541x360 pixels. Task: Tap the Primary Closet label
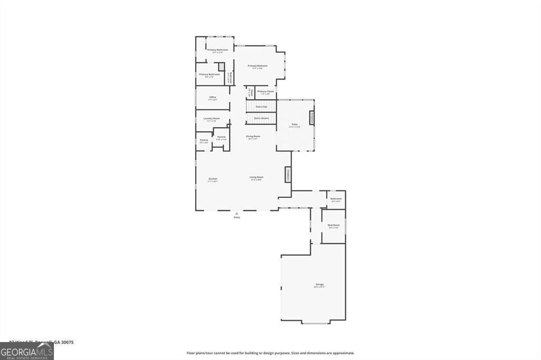[x=266, y=91]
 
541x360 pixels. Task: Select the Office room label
[x=213, y=97]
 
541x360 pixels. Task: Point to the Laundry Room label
[x=212, y=118]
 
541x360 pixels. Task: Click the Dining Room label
[x=253, y=137]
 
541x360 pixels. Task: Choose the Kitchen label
[x=213, y=179]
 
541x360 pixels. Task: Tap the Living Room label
[x=257, y=177]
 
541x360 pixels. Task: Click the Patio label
[x=294, y=125]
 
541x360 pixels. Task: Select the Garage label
[x=319, y=285]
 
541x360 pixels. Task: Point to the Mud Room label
[x=334, y=225]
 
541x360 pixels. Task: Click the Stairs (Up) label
[x=261, y=107]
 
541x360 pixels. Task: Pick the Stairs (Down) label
[x=261, y=118]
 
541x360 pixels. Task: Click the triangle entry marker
[x=236, y=213]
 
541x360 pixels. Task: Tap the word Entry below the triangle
[x=236, y=217]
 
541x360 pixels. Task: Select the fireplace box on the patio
[x=312, y=118]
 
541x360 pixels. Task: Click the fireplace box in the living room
[x=288, y=175]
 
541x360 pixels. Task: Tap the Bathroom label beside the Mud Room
[x=336, y=199]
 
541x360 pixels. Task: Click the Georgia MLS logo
[x=26, y=352]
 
